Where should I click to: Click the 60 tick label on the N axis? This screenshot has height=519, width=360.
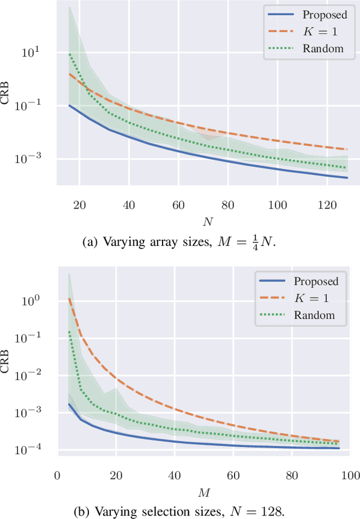tap(178, 206)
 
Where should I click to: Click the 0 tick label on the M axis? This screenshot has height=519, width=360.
tap(57, 475)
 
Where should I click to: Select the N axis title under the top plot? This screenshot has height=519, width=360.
tap(208, 222)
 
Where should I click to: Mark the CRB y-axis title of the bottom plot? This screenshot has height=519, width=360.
tap(8, 361)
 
